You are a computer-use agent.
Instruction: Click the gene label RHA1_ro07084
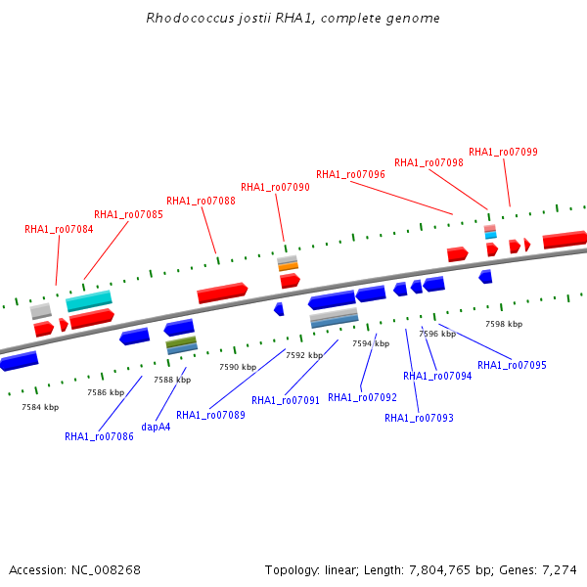coord(59,229)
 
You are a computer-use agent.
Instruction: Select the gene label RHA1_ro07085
coord(128,214)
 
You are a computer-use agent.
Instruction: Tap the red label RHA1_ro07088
coord(201,201)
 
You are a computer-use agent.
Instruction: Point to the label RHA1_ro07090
coord(275,187)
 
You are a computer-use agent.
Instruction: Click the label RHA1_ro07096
coord(350,174)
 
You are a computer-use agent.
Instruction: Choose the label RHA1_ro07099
coord(503,152)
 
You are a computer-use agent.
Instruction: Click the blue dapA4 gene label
coord(156,427)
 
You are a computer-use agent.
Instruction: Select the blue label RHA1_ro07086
coord(99,436)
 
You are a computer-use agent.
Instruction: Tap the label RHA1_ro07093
coord(419,418)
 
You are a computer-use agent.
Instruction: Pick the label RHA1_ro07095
coord(512,365)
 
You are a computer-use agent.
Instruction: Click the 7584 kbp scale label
coord(40,407)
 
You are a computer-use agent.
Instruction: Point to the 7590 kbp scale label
coord(238,367)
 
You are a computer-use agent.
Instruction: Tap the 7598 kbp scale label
coord(504,324)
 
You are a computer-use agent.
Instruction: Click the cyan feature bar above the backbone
coord(89,300)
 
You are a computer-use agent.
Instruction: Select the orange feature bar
coord(289,266)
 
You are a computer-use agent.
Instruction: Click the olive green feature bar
coord(182,341)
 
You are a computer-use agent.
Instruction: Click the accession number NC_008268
coord(106,570)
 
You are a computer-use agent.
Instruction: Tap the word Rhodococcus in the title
coord(190,18)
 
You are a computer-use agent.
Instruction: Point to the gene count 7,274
coord(560,570)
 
